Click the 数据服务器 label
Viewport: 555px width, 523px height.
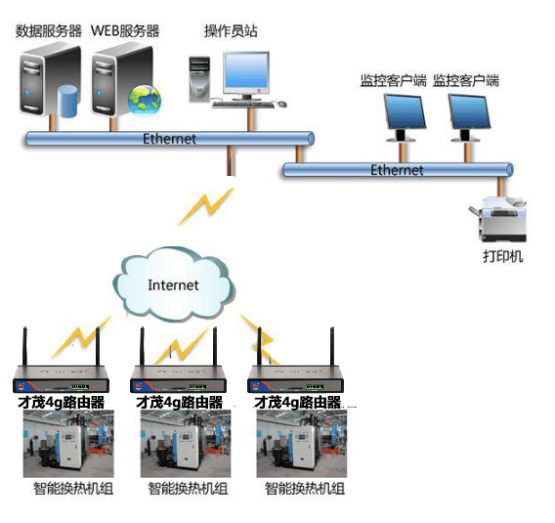click(49, 31)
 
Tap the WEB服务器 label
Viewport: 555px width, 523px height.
click(125, 31)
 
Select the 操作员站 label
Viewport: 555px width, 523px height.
click(231, 31)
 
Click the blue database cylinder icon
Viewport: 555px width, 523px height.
click(67, 102)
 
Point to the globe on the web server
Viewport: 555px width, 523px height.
click(145, 101)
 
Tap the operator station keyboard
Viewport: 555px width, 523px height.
click(243, 105)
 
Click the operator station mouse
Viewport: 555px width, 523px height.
click(281, 104)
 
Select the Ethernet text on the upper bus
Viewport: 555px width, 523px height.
click(169, 139)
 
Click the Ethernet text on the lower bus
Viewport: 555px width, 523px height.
click(397, 170)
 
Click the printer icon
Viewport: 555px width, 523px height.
click(498, 219)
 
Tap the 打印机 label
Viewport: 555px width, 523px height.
click(503, 256)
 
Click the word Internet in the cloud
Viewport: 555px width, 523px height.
click(173, 285)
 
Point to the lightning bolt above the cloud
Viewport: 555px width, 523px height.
click(206, 206)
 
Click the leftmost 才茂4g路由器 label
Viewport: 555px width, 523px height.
click(62, 402)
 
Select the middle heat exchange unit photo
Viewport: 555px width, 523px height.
click(186, 444)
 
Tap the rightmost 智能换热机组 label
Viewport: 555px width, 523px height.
click(305, 489)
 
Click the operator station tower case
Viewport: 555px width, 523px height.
click(199, 79)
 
